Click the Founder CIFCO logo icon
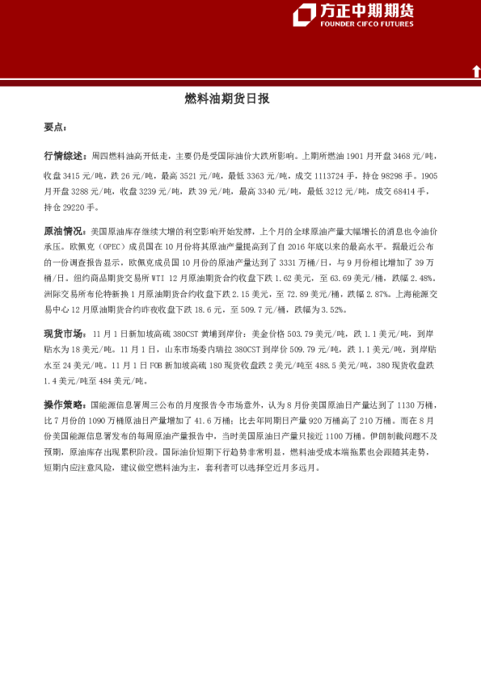pos(304,14)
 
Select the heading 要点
pos(56,128)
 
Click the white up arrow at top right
pos(475,71)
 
